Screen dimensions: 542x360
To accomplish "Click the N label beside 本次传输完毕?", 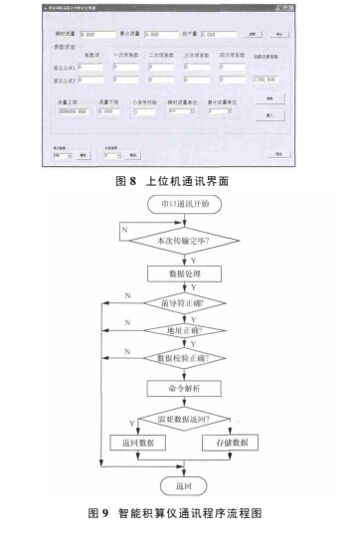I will click(122, 228).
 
